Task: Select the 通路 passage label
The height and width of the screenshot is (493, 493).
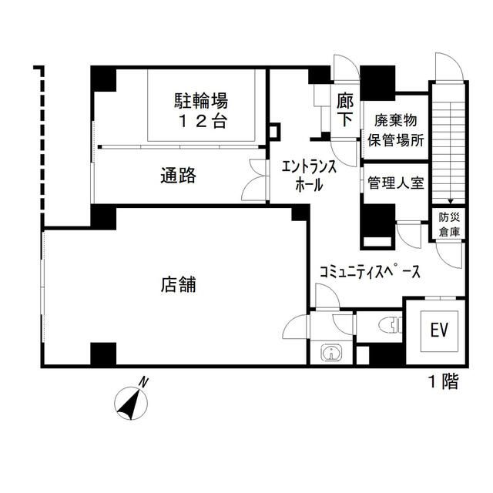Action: point(178,175)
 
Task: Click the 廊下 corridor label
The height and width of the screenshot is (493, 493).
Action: point(344,109)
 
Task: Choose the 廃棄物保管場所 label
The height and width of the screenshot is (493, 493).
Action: point(397,131)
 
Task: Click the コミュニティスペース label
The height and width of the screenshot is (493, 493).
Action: point(369,272)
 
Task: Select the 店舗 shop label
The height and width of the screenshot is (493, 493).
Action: point(178,284)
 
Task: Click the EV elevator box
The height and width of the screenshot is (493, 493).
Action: point(439,331)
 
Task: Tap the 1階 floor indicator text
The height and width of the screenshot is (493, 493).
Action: point(443,381)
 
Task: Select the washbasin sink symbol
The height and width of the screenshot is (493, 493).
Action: point(331,353)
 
